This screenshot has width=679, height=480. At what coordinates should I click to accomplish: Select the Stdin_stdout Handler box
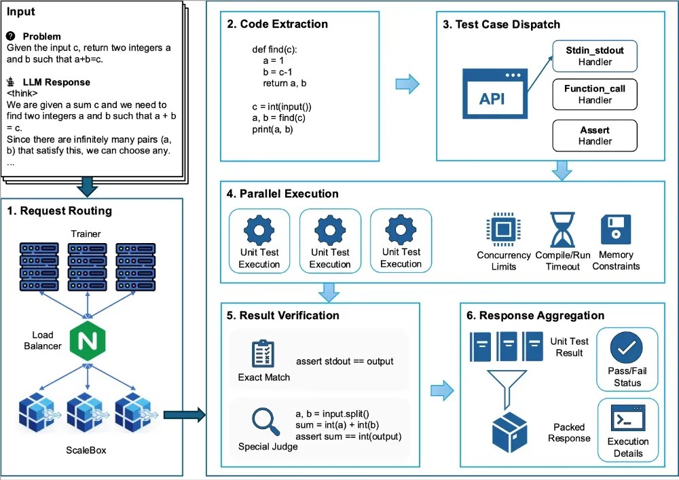point(595,56)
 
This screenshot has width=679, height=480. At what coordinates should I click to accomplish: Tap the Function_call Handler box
point(595,94)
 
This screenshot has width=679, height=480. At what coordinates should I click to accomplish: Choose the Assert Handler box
point(595,134)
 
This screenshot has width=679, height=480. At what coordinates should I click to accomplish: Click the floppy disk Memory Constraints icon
point(616,229)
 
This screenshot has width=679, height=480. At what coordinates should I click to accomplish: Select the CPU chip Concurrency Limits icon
point(503,229)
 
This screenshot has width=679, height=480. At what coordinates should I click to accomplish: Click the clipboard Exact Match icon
point(263,353)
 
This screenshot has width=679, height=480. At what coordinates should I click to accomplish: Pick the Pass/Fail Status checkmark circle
point(627,349)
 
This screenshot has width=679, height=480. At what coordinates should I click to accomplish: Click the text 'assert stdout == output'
point(344,361)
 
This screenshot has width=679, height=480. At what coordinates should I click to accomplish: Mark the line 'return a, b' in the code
point(285,83)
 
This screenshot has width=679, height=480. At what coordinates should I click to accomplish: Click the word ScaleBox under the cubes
point(86,449)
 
